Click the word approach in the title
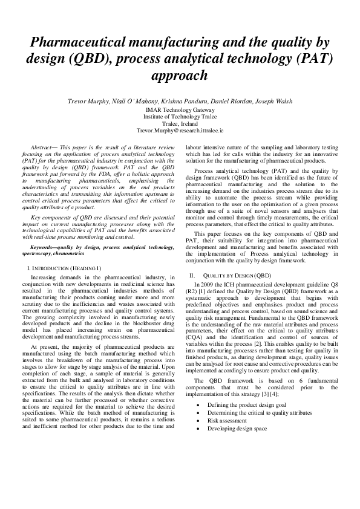[180, 76]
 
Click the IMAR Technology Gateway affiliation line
[180, 110]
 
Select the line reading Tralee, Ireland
[180, 123]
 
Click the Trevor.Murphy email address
[180, 130]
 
